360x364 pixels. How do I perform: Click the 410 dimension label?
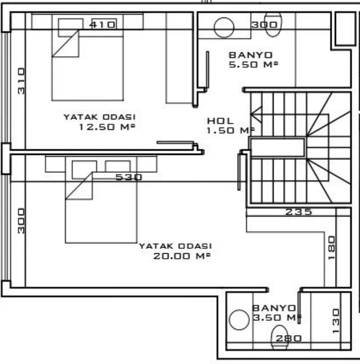tap(102, 25)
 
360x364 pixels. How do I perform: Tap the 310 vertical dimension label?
tap(21, 81)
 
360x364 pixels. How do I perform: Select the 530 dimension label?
tap(128, 177)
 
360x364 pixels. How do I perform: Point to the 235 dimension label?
tap(298, 212)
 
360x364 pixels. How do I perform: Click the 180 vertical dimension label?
tap(332, 248)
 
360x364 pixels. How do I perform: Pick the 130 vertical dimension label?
tap(336, 321)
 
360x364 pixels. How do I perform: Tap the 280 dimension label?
tap(288, 338)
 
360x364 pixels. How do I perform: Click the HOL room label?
tap(220, 121)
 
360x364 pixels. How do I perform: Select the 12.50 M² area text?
tap(107, 127)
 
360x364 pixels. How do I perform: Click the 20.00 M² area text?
tap(182, 256)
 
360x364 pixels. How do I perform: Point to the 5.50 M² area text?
tap(253, 64)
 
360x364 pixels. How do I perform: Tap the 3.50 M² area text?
tap(276, 317)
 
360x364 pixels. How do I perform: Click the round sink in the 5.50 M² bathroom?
tap(224, 27)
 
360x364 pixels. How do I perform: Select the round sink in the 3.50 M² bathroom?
tap(239, 320)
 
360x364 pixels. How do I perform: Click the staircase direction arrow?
tap(256, 115)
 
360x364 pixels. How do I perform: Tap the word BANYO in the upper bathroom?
tap(251, 55)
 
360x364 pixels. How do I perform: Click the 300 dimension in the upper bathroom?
tap(264, 25)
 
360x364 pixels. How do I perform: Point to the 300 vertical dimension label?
tap(21, 221)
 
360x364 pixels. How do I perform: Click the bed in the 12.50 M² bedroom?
tap(87, 57)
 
